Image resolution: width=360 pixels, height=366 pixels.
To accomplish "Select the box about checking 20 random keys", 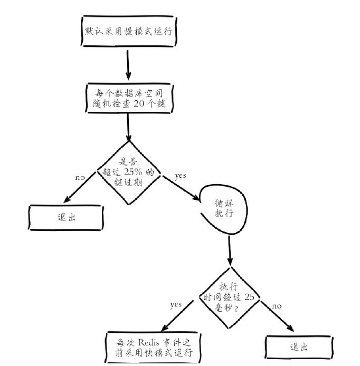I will tap(128, 97).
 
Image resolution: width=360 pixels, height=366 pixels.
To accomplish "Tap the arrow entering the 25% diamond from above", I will tap(128, 127).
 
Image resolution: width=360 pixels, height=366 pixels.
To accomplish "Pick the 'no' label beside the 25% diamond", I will tap(80, 177).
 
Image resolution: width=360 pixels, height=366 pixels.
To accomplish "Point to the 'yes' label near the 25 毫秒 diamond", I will tap(176, 305).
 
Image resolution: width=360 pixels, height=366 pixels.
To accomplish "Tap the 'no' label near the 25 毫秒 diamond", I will tap(276, 305).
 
